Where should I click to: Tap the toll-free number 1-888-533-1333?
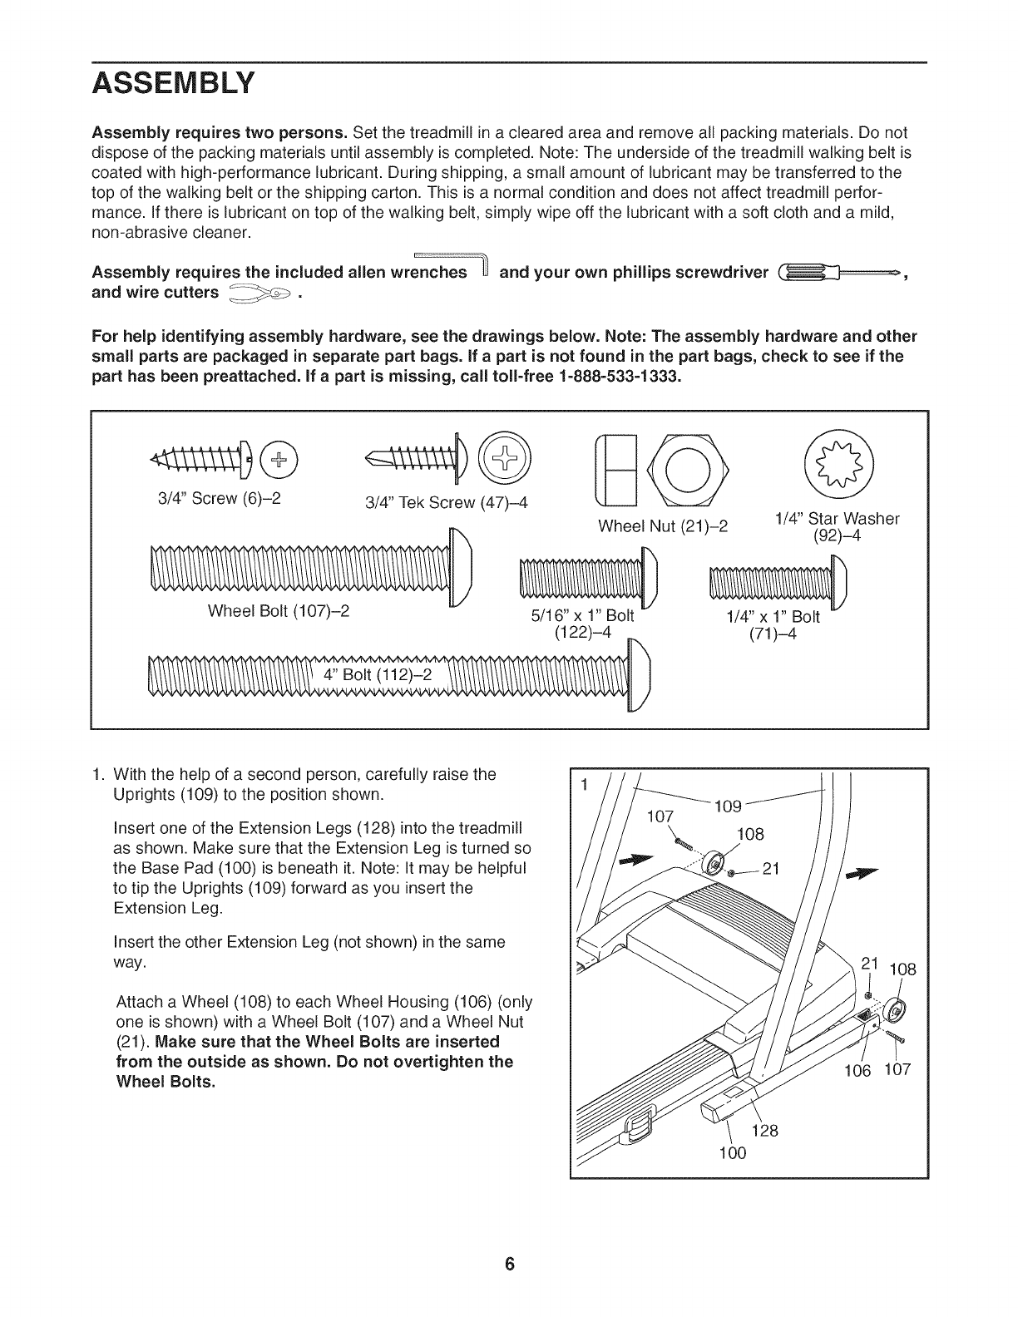click(620, 377)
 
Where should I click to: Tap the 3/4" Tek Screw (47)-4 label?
click(447, 503)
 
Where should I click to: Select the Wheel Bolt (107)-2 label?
click(278, 611)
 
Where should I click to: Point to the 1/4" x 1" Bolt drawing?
click(778, 578)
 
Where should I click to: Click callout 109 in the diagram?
click(728, 806)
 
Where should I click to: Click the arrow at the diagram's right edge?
click(861, 873)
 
